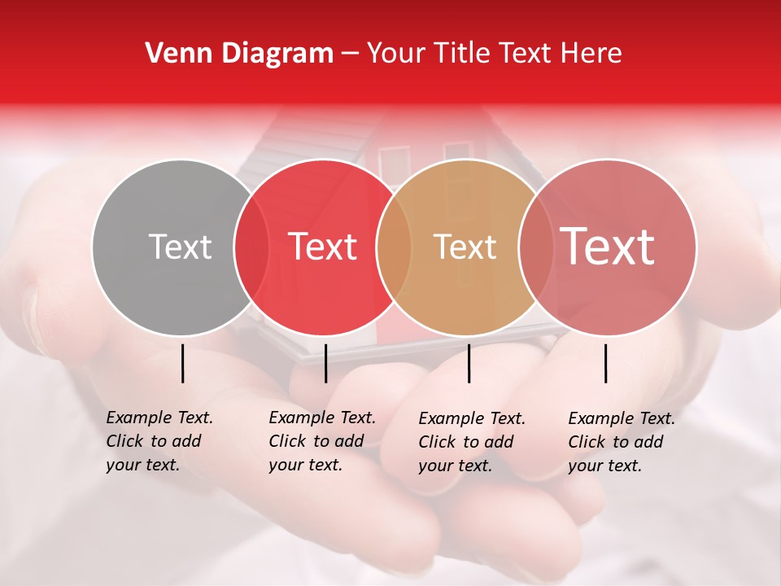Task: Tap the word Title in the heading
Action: click(460, 54)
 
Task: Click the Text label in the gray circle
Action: click(180, 247)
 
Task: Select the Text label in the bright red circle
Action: click(322, 247)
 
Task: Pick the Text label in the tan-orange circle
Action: click(465, 247)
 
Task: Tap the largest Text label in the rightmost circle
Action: click(608, 247)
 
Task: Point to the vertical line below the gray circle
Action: click(183, 363)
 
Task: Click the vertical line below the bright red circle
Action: click(325, 363)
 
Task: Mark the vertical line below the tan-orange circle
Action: click(469, 363)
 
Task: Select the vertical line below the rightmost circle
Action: click(606, 363)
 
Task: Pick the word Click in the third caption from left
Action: click(435, 442)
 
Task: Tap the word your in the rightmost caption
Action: click(584, 466)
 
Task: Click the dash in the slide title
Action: click(350, 55)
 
